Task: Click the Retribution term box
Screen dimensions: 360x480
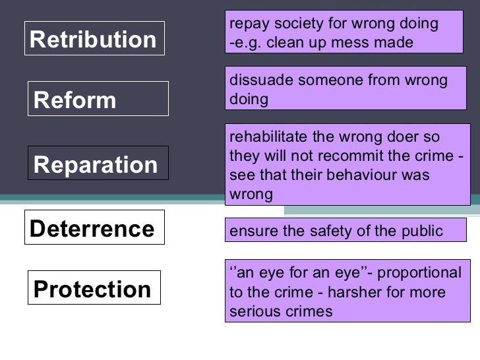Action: click(94, 40)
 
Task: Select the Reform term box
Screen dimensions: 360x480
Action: click(97, 100)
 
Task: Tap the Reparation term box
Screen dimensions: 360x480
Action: click(97, 164)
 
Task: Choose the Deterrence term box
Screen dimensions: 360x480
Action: click(94, 229)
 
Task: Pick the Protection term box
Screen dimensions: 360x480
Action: click(94, 289)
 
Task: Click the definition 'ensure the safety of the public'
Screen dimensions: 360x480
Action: click(345, 230)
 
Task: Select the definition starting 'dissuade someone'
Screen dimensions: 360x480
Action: click(347, 90)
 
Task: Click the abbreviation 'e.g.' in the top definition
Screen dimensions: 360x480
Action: click(248, 43)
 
